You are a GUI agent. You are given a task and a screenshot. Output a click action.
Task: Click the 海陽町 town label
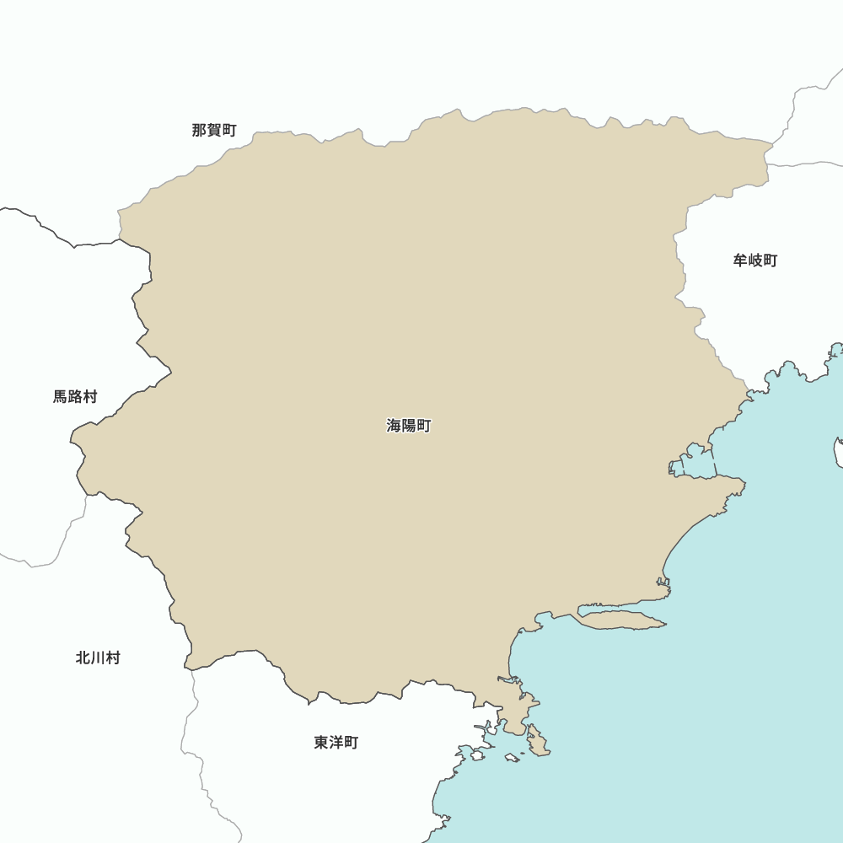click(x=409, y=426)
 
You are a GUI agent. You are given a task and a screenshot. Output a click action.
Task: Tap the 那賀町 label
click(x=214, y=130)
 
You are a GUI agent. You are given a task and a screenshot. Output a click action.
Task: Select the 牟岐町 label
click(x=755, y=260)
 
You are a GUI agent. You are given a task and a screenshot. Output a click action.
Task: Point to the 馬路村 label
click(x=75, y=396)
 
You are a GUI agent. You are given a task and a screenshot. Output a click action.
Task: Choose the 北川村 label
click(x=98, y=658)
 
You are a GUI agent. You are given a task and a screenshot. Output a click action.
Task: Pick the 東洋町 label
click(x=336, y=743)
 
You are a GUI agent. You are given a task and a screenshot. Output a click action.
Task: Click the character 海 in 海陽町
click(x=395, y=426)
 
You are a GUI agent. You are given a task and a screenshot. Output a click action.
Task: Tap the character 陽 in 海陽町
click(x=409, y=426)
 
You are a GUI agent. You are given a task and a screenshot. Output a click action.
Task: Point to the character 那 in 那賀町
click(x=200, y=130)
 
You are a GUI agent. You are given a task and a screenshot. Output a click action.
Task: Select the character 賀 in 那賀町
click(x=214, y=130)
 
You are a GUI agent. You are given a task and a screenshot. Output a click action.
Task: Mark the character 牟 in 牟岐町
click(x=741, y=260)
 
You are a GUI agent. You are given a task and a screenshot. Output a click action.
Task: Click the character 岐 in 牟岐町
click(x=755, y=260)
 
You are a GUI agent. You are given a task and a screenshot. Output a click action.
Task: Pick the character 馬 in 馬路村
click(x=61, y=396)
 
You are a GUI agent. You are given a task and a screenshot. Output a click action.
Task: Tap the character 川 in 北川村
click(x=98, y=658)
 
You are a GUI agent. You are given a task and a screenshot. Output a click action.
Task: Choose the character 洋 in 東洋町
click(x=336, y=743)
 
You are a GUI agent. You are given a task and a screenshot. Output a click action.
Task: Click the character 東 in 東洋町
click(x=322, y=743)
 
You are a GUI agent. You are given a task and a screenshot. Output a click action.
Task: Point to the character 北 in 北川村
click(x=83, y=658)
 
